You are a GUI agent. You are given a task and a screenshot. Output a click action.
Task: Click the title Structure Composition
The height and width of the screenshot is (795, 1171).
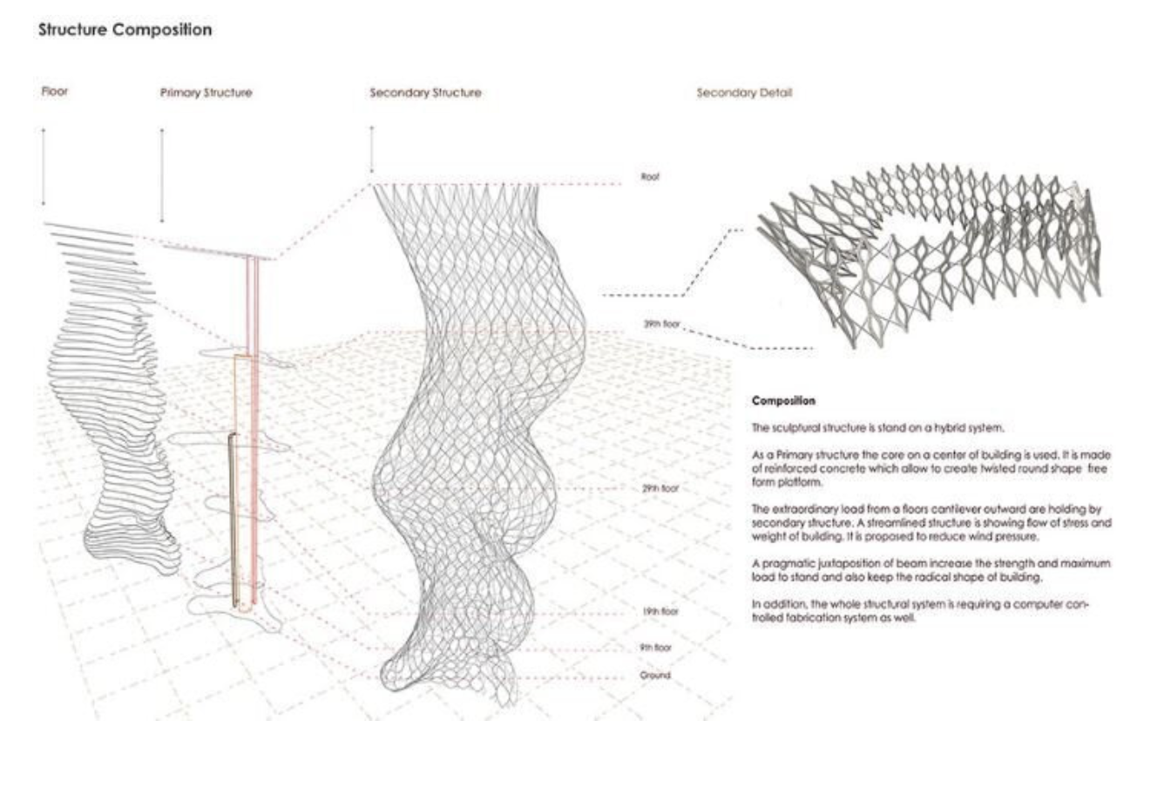pyautogui.click(x=125, y=30)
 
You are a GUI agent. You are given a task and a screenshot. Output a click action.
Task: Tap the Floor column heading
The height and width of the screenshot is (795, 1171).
pyautogui.click(x=54, y=91)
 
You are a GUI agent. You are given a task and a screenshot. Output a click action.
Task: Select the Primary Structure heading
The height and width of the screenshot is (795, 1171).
pyautogui.click(x=206, y=92)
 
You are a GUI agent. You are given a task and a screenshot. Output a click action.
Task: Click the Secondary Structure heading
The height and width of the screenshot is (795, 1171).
pyautogui.click(x=425, y=92)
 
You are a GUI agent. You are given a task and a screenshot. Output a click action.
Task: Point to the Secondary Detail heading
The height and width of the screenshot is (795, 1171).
pyautogui.click(x=744, y=92)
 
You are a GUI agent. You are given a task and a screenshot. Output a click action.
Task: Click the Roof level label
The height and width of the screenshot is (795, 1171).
pyautogui.click(x=650, y=177)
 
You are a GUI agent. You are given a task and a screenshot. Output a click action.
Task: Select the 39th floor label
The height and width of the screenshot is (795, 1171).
pyautogui.click(x=661, y=324)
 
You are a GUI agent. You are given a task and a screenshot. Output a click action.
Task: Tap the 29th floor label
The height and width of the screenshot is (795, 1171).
pyautogui.click(x=660, y=489)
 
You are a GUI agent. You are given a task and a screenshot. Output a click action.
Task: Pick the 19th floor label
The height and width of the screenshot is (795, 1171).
pyautogui.click(x=660, y=612)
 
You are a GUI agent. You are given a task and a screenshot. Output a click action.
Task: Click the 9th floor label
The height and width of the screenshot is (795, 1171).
pyautogui.click(x=655, y=648)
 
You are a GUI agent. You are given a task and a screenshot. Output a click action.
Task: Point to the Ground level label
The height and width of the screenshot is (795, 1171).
pyautogui.click(x=655, y=676)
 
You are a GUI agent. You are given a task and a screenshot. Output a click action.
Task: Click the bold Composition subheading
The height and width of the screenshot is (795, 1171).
pyautogui.click(x=783, y=402)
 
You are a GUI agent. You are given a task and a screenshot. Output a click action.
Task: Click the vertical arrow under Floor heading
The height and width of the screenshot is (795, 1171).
pyautogui.click(x=43, y=166)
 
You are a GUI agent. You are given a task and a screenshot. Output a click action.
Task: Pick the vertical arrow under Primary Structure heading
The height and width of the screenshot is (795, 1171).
pyautogui.click(x=162, y=174)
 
